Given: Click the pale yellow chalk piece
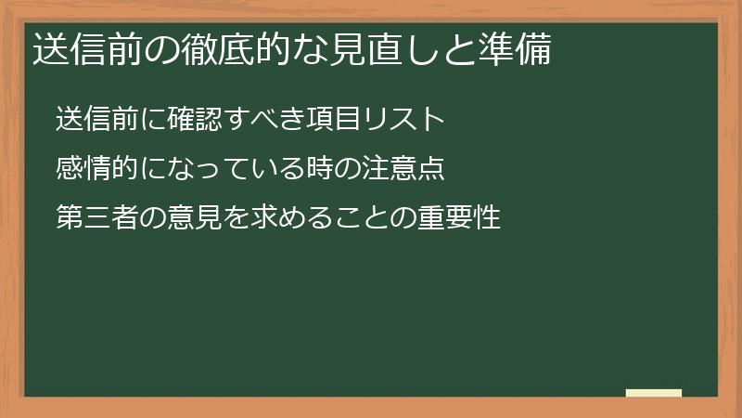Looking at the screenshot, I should click(654, 392).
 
